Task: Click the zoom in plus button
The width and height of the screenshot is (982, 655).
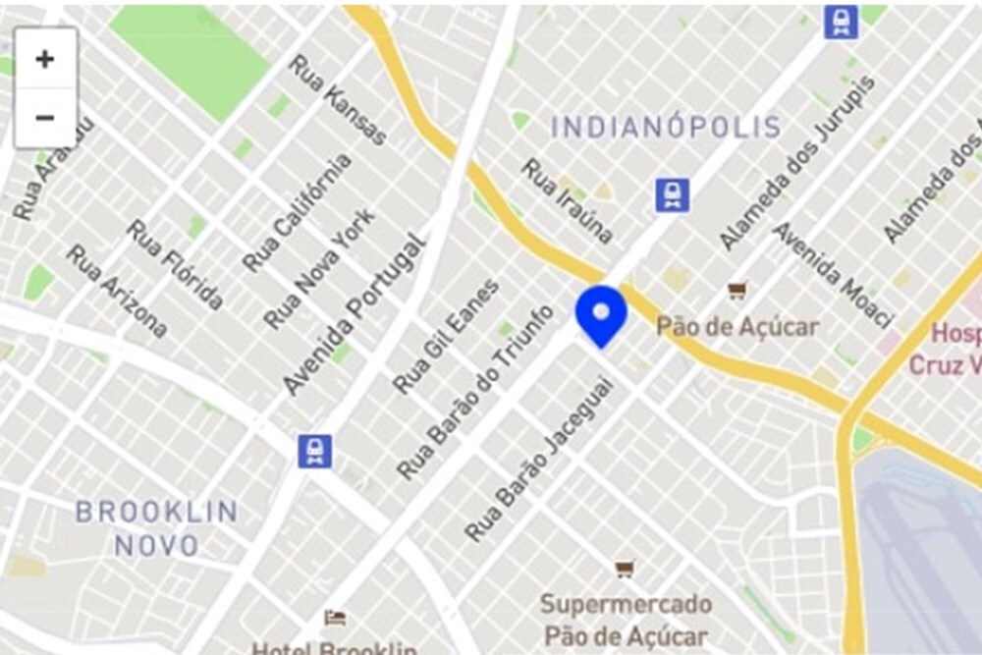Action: [45, 59]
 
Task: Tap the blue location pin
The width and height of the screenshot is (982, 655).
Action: [601, 315]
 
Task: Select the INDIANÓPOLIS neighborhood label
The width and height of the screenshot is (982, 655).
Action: [665, 127]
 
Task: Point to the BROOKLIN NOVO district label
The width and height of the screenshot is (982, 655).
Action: [157, 528]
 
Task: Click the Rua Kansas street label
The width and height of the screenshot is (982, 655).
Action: [339, 99]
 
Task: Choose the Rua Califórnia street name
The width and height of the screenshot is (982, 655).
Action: [298, 212]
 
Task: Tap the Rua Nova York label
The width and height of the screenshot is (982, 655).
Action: [319, 268]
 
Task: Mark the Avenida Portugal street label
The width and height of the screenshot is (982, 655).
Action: [355, 313]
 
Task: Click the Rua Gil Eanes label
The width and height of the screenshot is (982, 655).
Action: [446, 336]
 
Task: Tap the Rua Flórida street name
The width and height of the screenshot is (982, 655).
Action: [176, 264]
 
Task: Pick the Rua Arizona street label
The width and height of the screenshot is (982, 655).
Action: [117, 291]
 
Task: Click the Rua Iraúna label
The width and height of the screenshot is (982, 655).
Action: [567, 200]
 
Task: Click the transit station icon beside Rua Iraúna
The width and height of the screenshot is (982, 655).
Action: [673, 195]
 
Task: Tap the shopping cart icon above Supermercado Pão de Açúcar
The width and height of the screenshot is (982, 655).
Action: [625, 569]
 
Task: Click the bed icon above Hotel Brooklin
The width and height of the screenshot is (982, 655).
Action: [336, 618]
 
